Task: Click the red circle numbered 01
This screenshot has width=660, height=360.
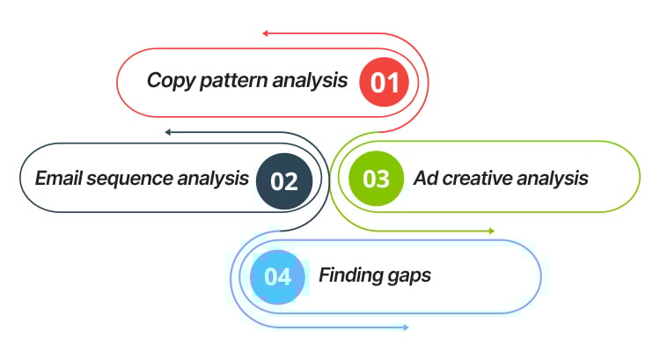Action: click(x=385, y=82)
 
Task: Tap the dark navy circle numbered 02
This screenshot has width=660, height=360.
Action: click(x=284, y=180)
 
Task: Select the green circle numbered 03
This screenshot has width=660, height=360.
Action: click(x=376, y=179)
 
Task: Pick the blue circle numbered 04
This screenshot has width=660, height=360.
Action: click(x=277, y=276)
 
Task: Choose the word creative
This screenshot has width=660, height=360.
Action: click(x=478, y=179)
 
